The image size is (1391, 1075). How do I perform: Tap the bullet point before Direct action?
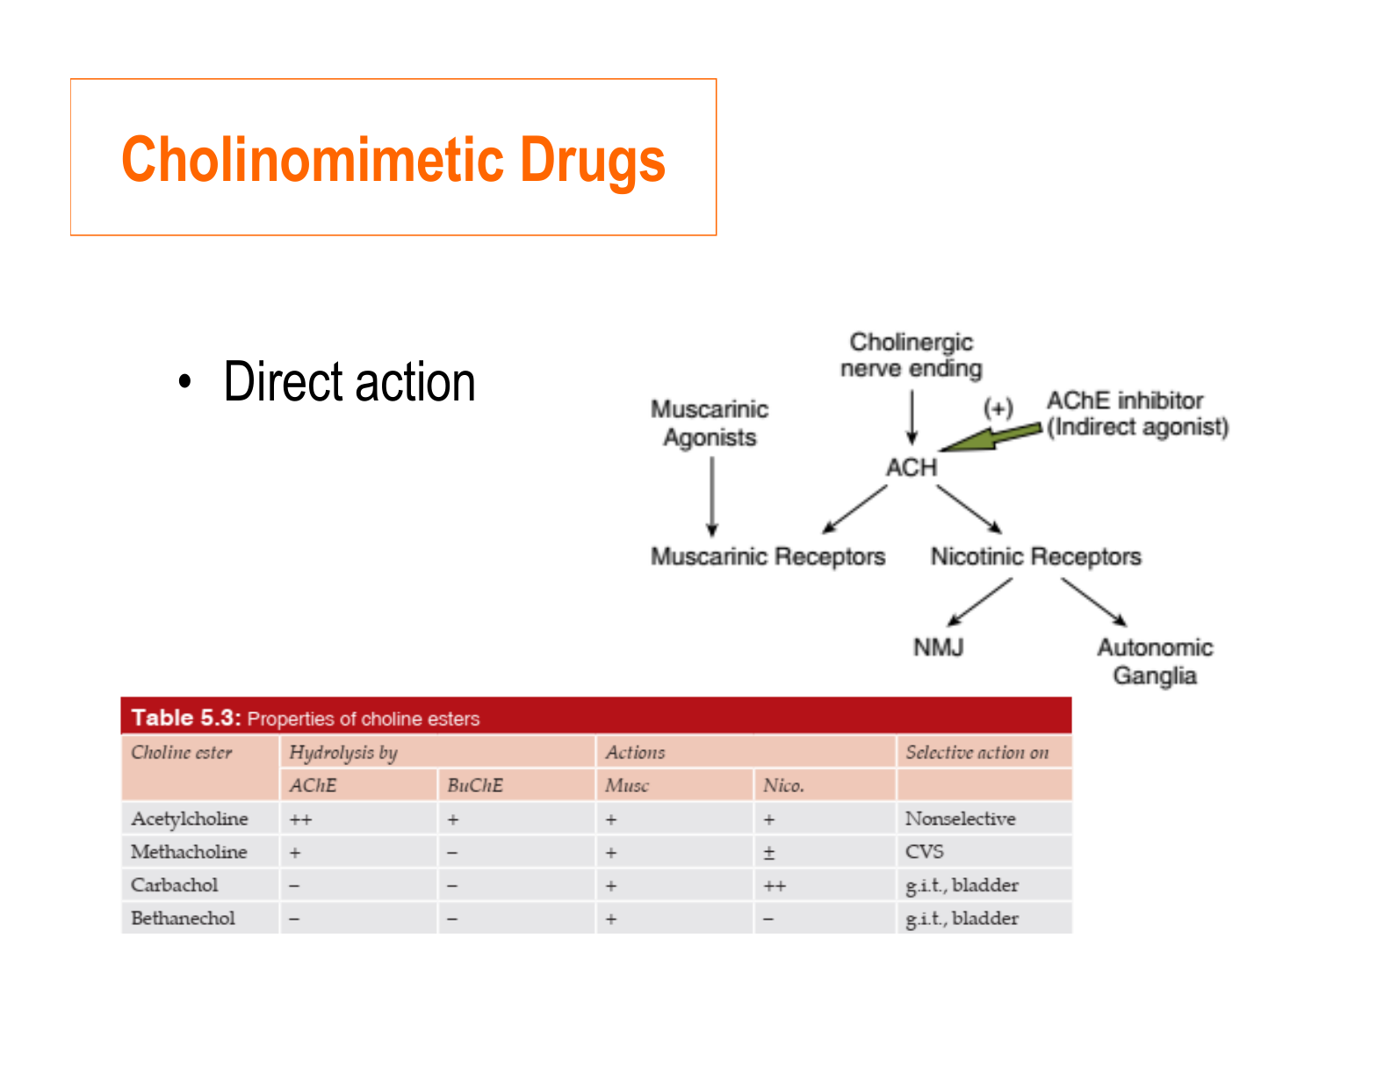184,383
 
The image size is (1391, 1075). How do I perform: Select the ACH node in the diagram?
912,467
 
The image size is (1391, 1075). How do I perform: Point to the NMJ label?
938,647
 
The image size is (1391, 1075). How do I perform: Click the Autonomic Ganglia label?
1155,661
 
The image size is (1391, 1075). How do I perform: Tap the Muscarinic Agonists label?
710,423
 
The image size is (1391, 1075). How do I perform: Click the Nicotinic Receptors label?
1036,557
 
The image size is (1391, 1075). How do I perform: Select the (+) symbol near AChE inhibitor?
998,408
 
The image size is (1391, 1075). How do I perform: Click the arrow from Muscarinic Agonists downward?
712,496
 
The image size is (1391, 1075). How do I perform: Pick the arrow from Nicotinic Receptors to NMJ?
980,602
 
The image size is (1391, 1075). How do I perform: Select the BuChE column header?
475,785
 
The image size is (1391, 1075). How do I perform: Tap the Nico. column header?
783,785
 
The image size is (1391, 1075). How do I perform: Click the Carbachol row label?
174,885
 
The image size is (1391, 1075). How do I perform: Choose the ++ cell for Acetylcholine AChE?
300,819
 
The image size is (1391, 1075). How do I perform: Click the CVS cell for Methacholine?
924,852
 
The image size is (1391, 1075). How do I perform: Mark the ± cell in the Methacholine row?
769,853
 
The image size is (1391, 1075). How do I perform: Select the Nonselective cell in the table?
960,819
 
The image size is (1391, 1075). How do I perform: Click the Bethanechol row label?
183,919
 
